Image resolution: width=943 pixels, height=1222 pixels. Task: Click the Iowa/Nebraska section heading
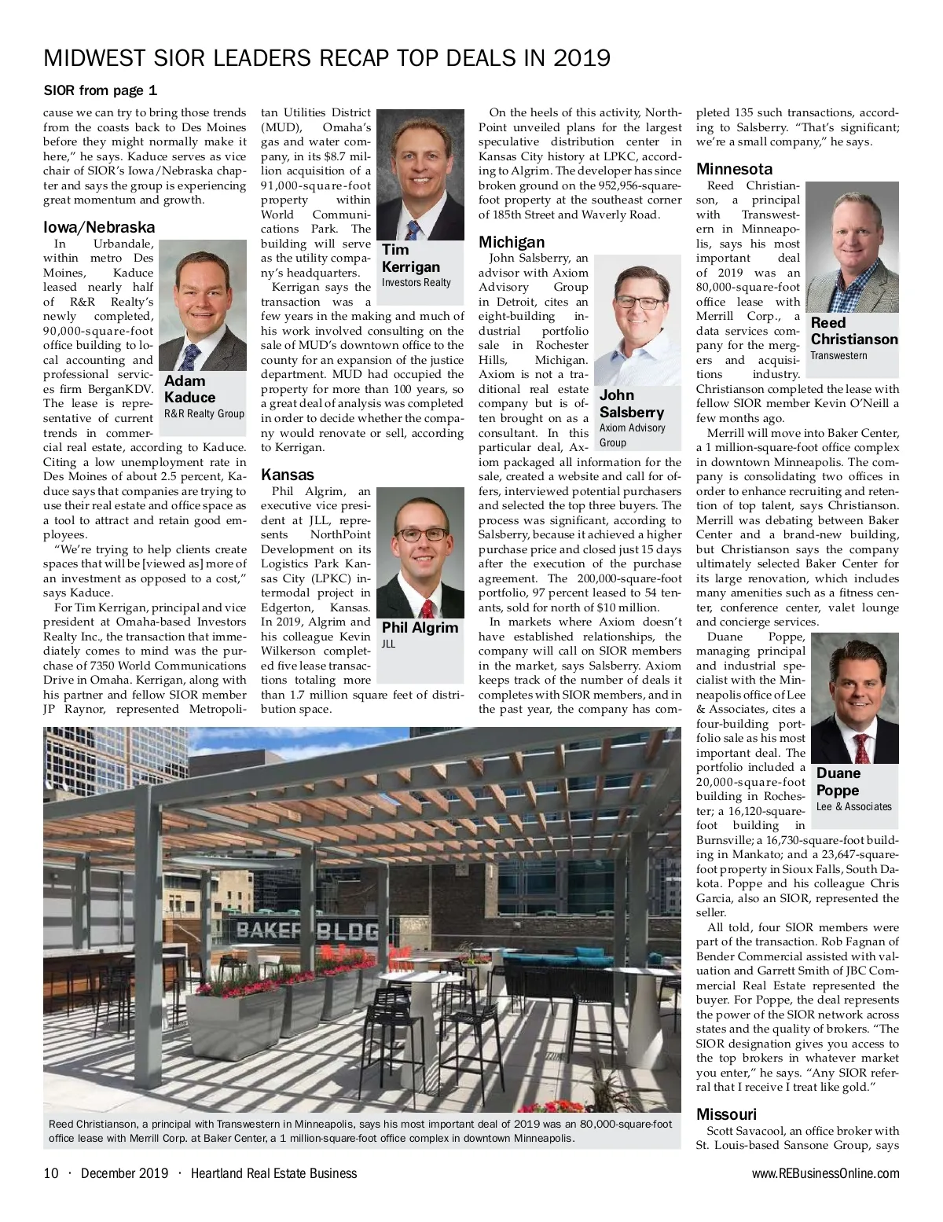pos(99,228)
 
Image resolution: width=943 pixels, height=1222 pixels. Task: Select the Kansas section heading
pos(287,475)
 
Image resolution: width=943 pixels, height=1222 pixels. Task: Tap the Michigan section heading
pos(512,242)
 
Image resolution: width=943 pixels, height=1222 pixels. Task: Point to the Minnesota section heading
pos(734,169)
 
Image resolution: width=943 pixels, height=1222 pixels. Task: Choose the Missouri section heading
pos(726,1114)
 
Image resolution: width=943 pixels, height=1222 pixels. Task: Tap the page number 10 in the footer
pos(51,1173)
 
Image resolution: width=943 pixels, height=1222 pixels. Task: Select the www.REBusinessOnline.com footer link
pos(825,1173)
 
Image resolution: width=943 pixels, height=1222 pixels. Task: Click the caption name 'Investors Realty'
pos(416,282)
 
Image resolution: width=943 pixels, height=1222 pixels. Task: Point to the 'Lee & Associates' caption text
pos(854,806)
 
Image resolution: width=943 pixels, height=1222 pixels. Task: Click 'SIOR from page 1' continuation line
pos(100,90)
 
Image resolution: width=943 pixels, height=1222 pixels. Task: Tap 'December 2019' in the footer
pos(124,1173)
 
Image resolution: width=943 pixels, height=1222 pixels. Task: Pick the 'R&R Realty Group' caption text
pos(204,413)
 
